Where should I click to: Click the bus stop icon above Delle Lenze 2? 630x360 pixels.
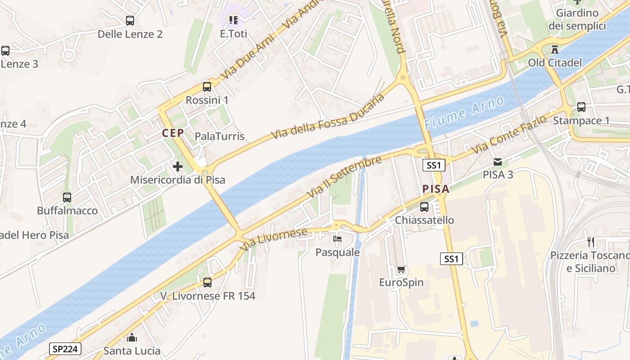pos(130,20)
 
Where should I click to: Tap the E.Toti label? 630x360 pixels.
pos(234,34)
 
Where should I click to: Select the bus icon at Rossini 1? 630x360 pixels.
pos(207,86)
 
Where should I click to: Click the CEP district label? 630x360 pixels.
pos(173,133)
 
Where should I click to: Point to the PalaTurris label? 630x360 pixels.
pos(220,136)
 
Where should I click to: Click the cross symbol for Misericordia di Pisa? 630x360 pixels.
pos(178,166)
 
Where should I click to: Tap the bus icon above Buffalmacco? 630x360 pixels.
pos(67,197)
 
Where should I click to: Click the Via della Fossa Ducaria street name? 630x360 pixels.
pos(328,117)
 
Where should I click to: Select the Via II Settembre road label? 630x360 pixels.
pos(344,177)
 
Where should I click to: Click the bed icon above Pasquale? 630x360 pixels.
pos(337,238)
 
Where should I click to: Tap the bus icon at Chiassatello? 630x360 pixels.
pos(424,207)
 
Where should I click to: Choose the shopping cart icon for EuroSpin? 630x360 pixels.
pos(401,269)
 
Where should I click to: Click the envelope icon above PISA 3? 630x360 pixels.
pos(498,162)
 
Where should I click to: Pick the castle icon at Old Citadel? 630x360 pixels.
pos(555,49)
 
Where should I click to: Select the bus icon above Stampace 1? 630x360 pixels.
pos(581,107)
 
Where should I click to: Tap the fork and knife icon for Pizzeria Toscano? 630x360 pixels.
pos(591,242)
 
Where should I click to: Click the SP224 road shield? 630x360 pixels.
pos(65,348)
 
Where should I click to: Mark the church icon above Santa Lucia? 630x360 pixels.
pos(132,337)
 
